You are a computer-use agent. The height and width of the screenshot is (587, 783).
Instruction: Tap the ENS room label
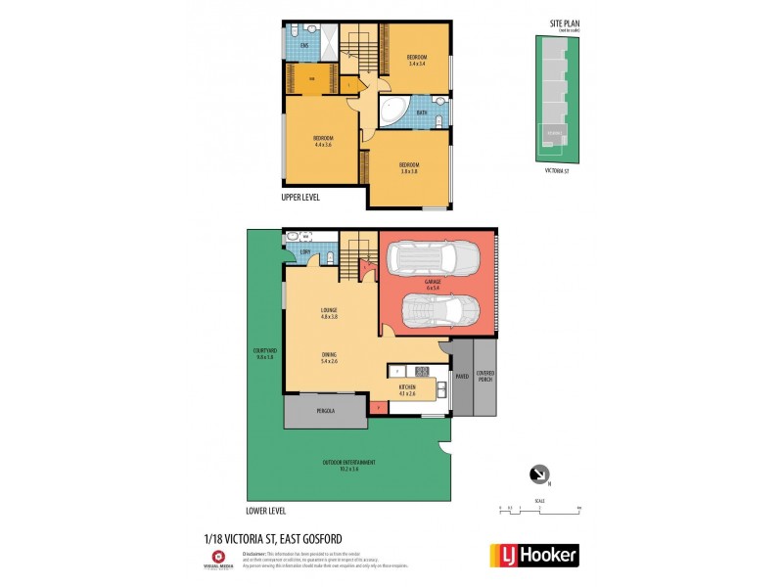304,46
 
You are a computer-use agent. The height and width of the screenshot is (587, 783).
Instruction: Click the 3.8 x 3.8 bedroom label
408,168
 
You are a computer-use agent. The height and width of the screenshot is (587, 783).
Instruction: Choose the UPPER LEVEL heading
300,197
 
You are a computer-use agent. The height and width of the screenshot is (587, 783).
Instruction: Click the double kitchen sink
442,392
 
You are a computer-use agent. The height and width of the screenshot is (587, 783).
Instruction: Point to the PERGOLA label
324,411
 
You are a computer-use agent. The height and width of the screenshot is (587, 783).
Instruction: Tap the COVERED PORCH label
485,376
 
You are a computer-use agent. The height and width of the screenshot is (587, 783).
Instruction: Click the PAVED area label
462,376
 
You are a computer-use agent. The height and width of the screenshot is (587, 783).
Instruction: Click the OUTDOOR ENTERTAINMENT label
349,465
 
